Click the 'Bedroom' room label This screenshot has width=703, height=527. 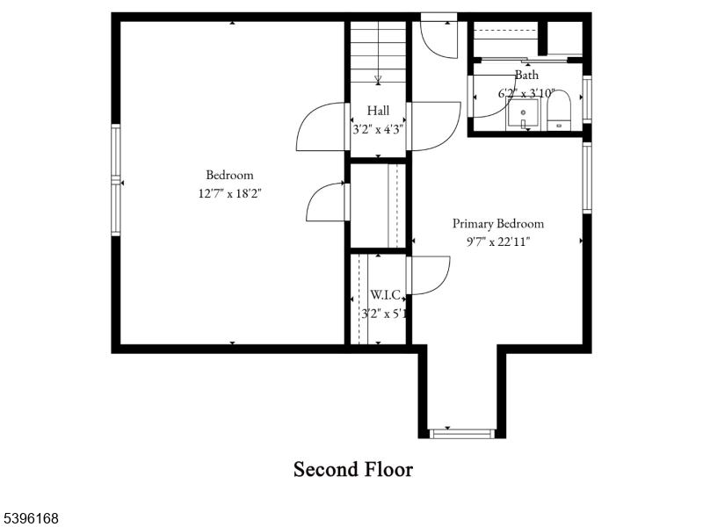coord(229,175)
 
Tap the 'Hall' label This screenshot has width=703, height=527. coord(378,111)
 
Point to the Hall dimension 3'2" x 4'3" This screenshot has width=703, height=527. coord(378,128)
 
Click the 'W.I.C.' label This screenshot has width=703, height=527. coord(385,294)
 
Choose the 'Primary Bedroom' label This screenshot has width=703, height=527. coord(497,223)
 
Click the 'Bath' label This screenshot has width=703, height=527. coord(527,76)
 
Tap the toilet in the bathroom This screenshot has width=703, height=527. coord(560,112)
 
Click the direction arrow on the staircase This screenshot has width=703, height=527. coord(378,79)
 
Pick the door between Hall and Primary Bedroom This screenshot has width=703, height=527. coord(433,125)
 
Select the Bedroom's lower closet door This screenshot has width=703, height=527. coord(327,201)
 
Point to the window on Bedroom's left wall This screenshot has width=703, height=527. coord(115,181)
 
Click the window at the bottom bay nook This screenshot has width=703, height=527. coord(462,432)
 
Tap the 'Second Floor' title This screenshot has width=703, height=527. coord(352,469)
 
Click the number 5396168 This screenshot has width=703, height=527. coord(31,518)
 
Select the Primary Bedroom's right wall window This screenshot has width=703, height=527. coord(587,177)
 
